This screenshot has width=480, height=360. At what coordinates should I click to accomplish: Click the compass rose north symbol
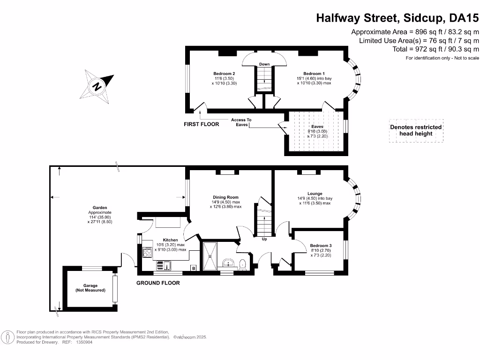pos(97,86)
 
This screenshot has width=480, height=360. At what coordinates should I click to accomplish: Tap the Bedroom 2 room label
pos(224,74)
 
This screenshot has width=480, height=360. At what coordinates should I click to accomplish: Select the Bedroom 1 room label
pos(314,74)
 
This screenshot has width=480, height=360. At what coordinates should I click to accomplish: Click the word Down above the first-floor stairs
pos(264,64)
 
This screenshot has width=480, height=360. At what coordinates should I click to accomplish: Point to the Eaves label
pos(317,127)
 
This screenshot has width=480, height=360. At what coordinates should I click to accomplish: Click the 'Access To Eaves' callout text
pos(241,122)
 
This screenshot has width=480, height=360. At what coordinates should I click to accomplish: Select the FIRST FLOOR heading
pos(201,124)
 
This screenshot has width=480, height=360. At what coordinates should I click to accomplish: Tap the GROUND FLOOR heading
pos(158,283)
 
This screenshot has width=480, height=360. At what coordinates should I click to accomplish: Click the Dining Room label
pos(226,197)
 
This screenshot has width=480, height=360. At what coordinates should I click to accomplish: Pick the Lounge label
pos(315,194)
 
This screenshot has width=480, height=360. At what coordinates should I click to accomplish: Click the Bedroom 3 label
pos(321,246)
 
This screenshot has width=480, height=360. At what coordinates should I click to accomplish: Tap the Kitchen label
pos(170,240)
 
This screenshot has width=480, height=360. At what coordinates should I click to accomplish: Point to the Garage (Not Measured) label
pos(90,288)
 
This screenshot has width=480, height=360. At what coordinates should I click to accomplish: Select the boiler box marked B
pos(193,268)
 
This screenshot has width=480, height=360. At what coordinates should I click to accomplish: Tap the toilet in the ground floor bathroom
pos(242,265)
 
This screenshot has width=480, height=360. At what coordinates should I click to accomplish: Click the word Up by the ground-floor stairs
pos(264,239)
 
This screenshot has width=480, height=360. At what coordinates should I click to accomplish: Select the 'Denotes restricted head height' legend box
pos(416,130)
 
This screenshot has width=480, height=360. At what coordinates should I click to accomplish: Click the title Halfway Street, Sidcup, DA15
pos(397,18)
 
